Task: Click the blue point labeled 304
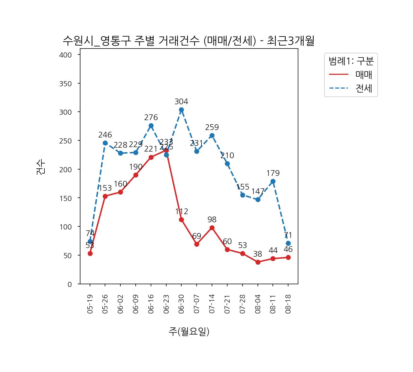pyautogui.click(x=181, y=110)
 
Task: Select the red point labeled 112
pyautogui.click(x=181, y=220)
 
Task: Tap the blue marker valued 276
pyautogui.click(x=151, y=126)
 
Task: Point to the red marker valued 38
pyautogui.click(x=258, y=262)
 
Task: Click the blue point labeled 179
pyautogui.click(x=273, y=182)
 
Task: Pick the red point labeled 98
pyautogui.click(x=212, y=228)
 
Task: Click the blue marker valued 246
pyautogui.click(x=105, y=143)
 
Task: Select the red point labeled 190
pyautogui.click(x=136, y=175)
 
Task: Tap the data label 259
pyautogui.click(x=212, y=127)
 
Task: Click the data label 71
pyautogui.click(x=288, y=235)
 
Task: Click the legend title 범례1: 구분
pyautogui.click(x=351, y=61)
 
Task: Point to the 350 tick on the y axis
pyautogui.click(x=66, y=84)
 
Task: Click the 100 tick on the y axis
pyautogui.click(x=66, y=227)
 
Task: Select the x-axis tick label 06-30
pyautogui.click(x=181, y=304)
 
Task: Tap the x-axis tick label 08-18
pyautogui.click(x=288, y=304)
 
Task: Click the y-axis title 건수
pyautogui.click(x=41, y=167)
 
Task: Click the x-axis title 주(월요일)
pyautogui.click(x=189, y=331)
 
